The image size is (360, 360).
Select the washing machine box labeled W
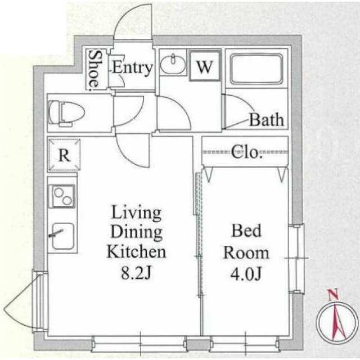point(204,66)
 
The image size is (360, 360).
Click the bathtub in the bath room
point(256,69)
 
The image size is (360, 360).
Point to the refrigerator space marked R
point(64,155)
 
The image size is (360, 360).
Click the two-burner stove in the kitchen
point(62,196)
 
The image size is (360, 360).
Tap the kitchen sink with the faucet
point(62,236)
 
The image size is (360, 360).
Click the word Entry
point(133,67)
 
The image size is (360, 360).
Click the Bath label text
point(267,120)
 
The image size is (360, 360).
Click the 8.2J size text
point(136,273)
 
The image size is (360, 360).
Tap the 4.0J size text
point(246,274)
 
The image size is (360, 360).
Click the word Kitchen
point(136,252)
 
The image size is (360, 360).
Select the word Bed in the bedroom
point(246,231)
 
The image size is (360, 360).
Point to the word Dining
point(136,232)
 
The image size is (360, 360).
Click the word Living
point(136,213)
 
